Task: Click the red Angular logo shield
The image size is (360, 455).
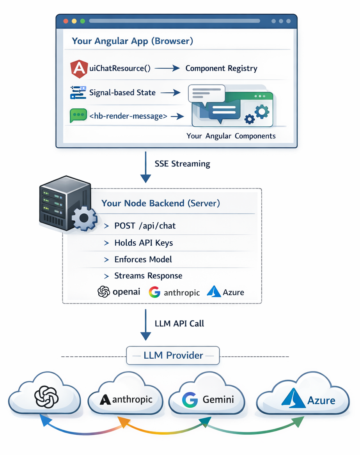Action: pos(79,69)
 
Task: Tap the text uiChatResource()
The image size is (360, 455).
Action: pos(120,69)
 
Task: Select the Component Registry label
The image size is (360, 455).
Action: pos(221,69)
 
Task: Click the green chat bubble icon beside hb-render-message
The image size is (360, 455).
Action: pos(78,115)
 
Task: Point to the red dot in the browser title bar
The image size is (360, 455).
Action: pos(66,21)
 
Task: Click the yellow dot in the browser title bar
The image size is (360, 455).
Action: pos(74,21)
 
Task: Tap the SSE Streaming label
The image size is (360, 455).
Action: pos(182,164)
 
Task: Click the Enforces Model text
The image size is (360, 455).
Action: pos(143,259)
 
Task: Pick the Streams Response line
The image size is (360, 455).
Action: pos(143,276)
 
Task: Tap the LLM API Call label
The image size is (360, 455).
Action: pos(179,324)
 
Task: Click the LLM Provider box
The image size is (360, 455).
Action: pos(173,356)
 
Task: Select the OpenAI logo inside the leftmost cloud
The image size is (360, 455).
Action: pos(46,397)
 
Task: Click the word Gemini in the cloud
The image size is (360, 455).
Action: pos(218,400)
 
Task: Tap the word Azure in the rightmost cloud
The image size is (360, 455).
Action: pos(321,401)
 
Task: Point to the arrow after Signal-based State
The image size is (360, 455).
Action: pos(171,93)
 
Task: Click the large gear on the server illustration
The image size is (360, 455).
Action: pos(84,218)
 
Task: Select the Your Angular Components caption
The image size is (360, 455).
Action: pos(231,136)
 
